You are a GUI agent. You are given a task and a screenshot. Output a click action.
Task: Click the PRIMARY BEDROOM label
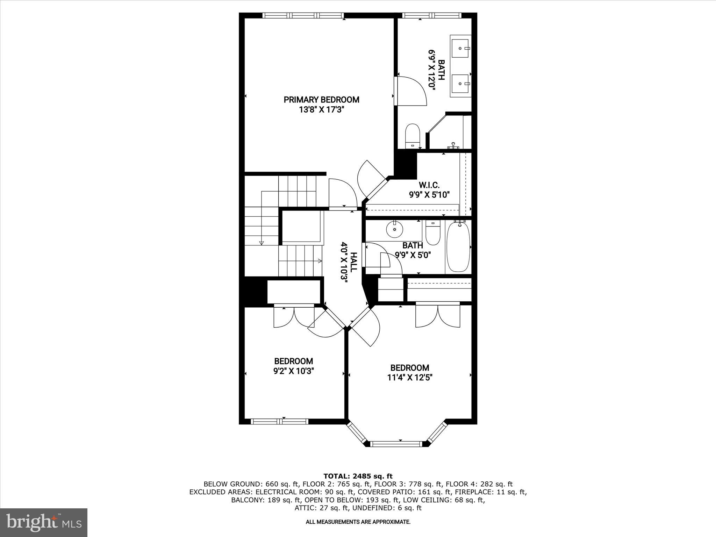pos(321,100)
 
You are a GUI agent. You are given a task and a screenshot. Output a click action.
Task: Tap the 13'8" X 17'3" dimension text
pos(321,110)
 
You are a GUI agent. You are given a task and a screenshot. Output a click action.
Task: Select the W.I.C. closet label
pos(429,185)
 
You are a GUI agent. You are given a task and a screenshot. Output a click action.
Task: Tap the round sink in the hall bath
pos(395,229)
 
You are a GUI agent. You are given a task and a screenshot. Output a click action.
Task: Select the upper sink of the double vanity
pos(460,48)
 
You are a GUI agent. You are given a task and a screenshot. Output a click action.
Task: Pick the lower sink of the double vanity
pos(460,84)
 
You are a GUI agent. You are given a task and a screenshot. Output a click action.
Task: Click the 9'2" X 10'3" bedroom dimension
pos(293,371)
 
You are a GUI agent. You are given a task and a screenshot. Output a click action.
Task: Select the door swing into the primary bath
pos(411,91)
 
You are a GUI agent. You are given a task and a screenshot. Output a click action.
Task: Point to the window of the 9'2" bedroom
pos(280,422)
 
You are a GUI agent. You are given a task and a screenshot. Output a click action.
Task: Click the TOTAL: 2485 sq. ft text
pos(358,476)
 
